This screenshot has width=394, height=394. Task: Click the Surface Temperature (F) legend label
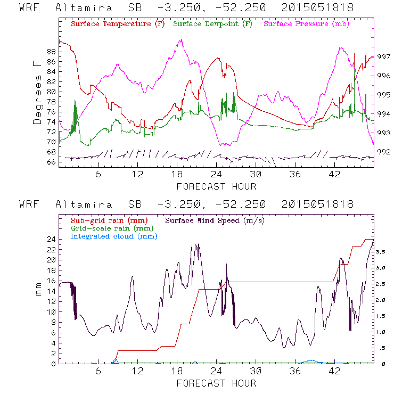tap(118, 24)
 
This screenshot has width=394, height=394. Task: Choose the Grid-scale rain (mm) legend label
tap(110, 228)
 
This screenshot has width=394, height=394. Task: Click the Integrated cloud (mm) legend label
tap(114, 236)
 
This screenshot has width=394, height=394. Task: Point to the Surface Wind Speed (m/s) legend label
tap(215, 220)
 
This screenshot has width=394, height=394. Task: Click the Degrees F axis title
tap(37, 92)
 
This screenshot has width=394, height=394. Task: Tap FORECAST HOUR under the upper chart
tap(216, 186)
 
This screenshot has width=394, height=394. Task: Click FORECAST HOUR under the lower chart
tap(216, 383)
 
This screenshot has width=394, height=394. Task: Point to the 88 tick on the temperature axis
tap(51, 52)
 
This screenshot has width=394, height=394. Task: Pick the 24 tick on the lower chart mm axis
tap(51, 239)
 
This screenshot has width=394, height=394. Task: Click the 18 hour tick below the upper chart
tap(177, 174)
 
